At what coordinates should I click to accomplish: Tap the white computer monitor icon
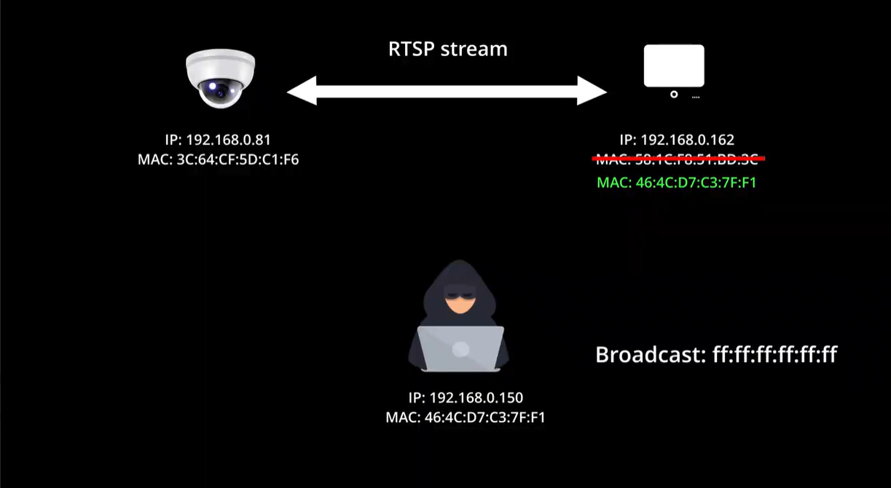click(674, 66)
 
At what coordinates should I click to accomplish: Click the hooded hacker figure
click(459, 317)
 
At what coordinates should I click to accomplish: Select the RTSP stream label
click(447, 50)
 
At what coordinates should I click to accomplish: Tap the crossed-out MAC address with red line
click(677, 159)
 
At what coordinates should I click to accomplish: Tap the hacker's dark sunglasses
click(460, 296)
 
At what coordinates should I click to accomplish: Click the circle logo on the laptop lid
click(460, 349)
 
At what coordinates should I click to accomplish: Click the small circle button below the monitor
click(674, 94)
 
